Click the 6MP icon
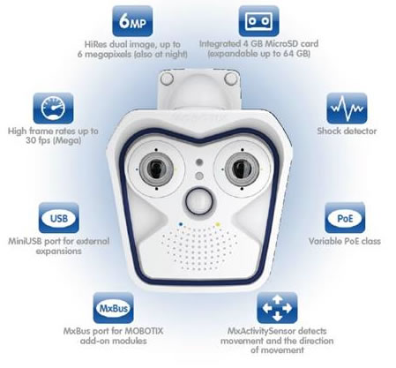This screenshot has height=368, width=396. (132, 21)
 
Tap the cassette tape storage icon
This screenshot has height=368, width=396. (258, 21)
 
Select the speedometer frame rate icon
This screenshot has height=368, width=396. (53, 108)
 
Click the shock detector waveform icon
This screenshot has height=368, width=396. (347, 108)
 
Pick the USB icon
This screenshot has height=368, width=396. (59, 218)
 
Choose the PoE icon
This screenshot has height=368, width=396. (345, 218)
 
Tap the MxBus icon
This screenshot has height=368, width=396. (113, 308)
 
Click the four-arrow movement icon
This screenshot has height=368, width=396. (277, 308)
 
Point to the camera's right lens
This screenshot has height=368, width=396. (242, 169)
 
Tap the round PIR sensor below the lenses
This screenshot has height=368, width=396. (198, 201)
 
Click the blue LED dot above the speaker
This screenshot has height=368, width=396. (181, 224)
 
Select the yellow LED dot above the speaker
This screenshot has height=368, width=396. (218, 224)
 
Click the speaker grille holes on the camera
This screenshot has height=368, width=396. (199, 249)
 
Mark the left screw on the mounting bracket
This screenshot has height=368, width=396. (167, 79)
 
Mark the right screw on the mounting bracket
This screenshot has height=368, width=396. (230, 79)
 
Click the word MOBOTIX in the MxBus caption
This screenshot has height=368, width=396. (144, 331)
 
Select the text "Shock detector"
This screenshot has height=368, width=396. (347, 131)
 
